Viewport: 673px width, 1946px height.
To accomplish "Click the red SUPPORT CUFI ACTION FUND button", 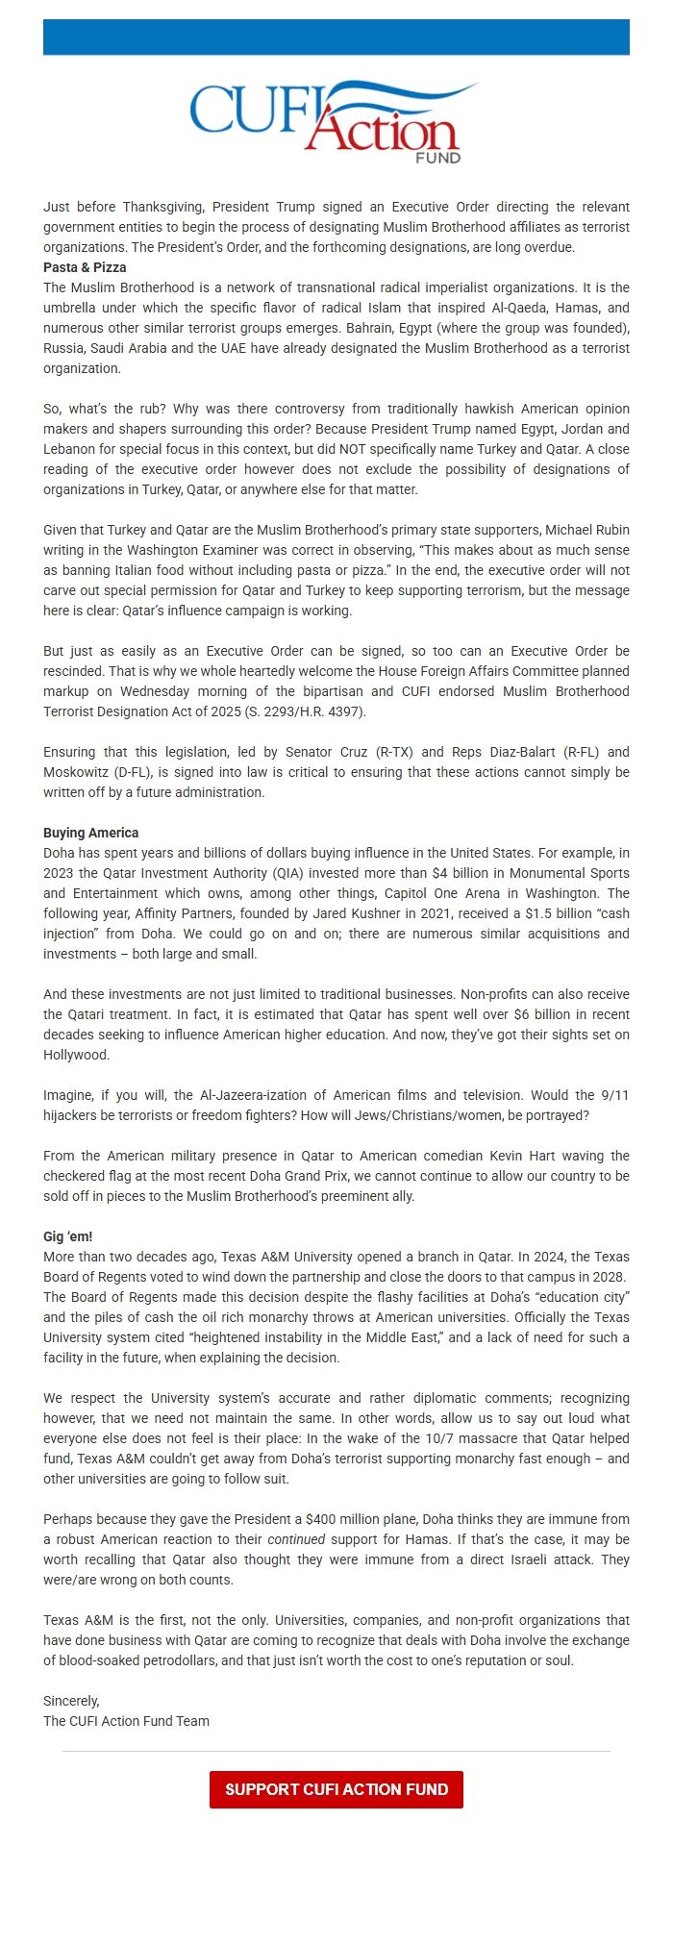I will [336, 1789].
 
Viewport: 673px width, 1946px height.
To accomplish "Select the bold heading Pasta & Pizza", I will [85, 267].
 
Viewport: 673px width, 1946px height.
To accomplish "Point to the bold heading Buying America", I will [90, 833].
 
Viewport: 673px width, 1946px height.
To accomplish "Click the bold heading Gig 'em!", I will [67, 1236].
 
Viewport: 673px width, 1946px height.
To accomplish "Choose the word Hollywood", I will [77, 1055].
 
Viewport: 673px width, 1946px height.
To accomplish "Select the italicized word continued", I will [296, 1539].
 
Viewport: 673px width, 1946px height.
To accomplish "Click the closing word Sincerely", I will [71, 1701].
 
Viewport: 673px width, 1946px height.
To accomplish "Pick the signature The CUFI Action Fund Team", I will [126, 1721].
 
